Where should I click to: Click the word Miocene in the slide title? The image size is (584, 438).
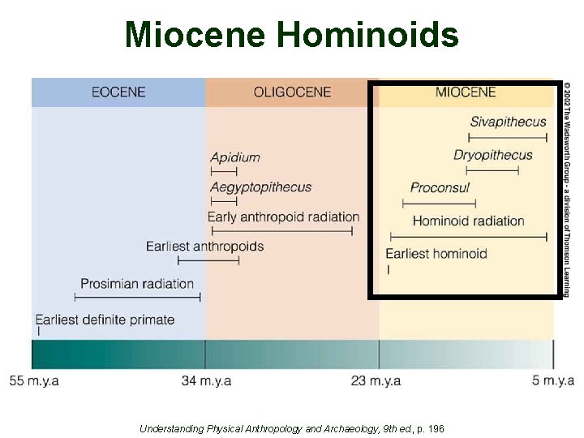point(195,35)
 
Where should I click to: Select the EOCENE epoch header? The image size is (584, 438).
point(118,92)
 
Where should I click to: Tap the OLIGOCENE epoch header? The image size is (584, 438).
point(292,92)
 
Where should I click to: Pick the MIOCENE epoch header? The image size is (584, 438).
point(465,92)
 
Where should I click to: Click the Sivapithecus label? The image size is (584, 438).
point(508,122)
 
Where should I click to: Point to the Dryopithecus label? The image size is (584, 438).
point(493,155)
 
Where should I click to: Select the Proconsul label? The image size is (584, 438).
point(440,187)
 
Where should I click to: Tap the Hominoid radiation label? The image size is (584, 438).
point(468,221)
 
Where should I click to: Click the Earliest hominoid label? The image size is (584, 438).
point(436,254)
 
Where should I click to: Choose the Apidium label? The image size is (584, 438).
point(234,157)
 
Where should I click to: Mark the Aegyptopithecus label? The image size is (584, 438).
point(260,187)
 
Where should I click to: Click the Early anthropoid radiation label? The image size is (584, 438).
point(283,217)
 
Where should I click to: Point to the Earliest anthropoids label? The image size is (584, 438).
point(204,246)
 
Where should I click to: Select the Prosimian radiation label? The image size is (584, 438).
point(137,284)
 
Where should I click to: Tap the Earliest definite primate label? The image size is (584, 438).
point(105,320)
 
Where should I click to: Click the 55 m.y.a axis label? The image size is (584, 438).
point(34,381)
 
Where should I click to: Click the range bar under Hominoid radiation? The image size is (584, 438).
point(469,237)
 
